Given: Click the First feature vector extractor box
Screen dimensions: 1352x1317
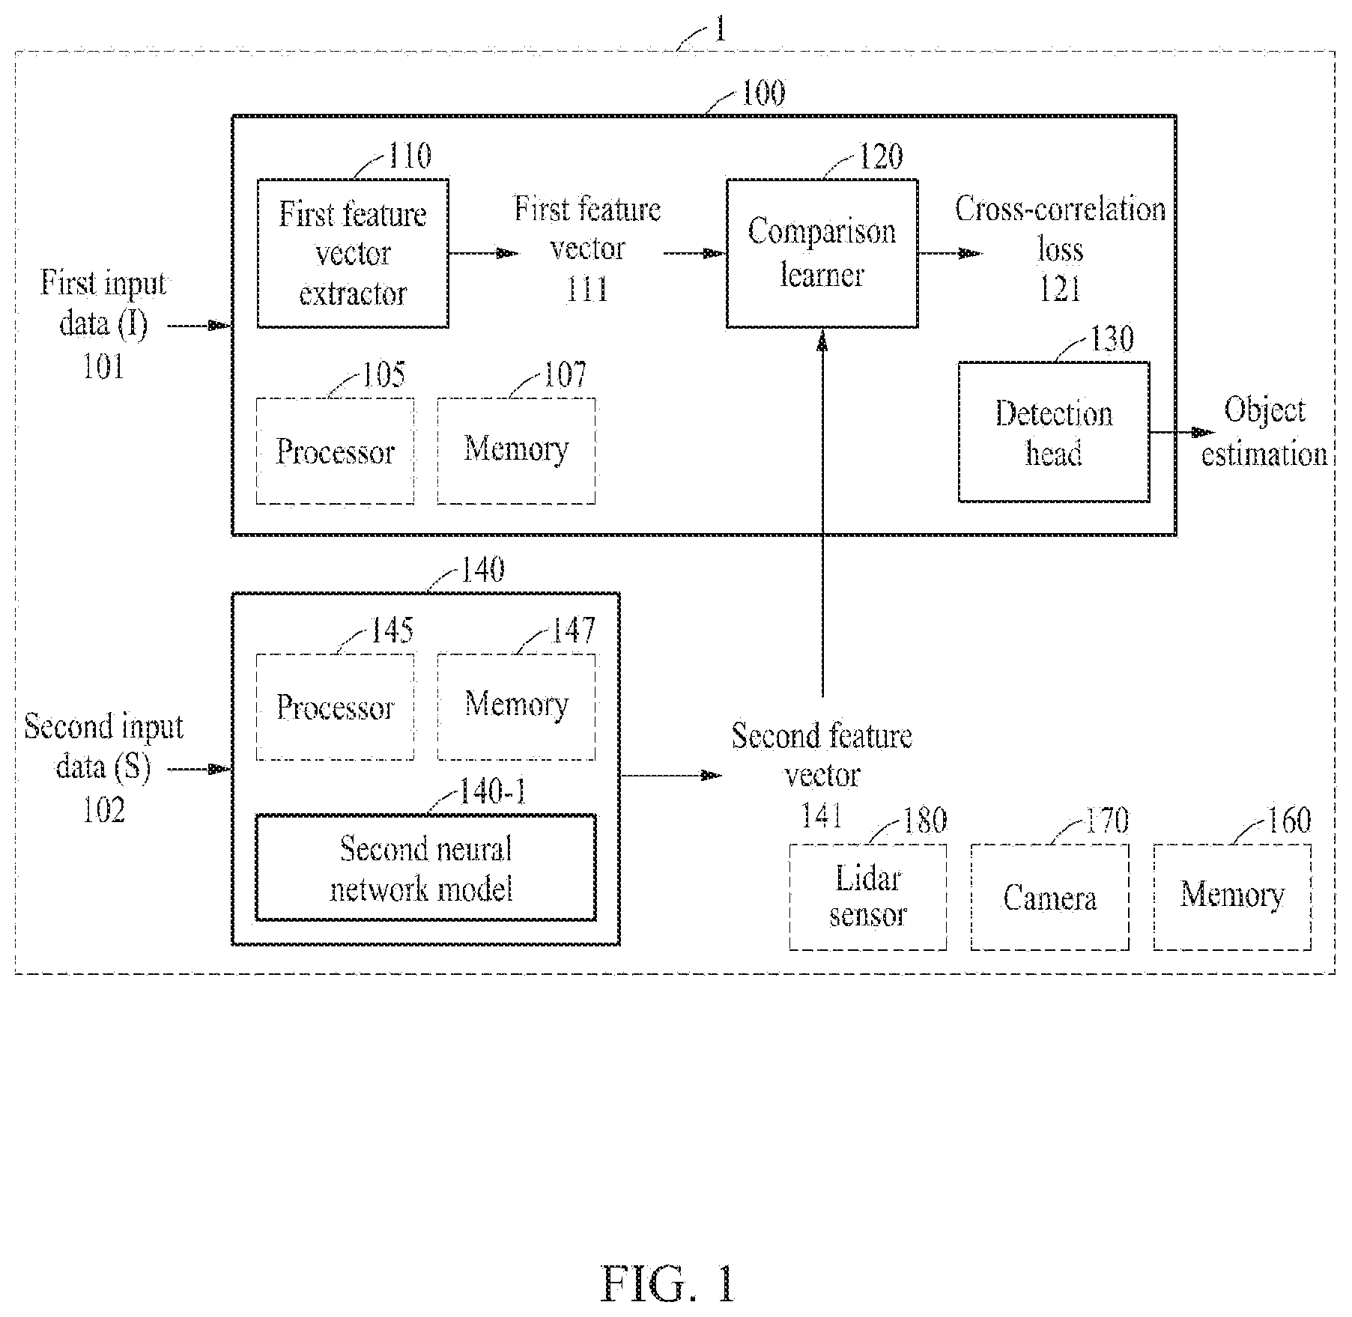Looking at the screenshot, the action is [353, 253].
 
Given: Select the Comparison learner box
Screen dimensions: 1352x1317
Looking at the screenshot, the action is [822, 253].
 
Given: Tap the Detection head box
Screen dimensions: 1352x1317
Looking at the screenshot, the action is [1054, 432].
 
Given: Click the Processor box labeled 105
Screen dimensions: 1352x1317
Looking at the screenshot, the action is [335, 451].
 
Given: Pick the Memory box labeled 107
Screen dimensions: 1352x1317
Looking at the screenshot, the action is [516, 451].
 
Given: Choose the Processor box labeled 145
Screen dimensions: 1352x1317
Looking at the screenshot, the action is [335, 707].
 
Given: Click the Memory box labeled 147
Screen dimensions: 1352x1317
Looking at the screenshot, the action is [516, 707].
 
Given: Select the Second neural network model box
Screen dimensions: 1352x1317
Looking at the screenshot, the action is [426, 867].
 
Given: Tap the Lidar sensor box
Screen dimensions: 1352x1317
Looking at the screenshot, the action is [868, 897].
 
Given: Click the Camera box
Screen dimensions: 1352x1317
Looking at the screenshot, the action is [1050, 897].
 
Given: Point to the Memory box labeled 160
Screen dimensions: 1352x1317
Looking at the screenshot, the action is [1232, 897].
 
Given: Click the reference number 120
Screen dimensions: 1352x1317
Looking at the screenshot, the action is [880, 156].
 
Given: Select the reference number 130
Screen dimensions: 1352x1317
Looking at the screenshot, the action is [1112, 339].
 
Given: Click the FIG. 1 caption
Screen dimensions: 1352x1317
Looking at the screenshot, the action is [668, 1283].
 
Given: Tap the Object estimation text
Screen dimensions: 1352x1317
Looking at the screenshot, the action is [1264, 432].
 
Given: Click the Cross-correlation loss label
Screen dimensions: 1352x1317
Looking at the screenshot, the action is [1060, 228].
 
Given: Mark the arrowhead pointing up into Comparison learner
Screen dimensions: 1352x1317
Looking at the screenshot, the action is [822, 341].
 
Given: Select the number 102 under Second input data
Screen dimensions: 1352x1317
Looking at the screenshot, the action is [103, 810].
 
